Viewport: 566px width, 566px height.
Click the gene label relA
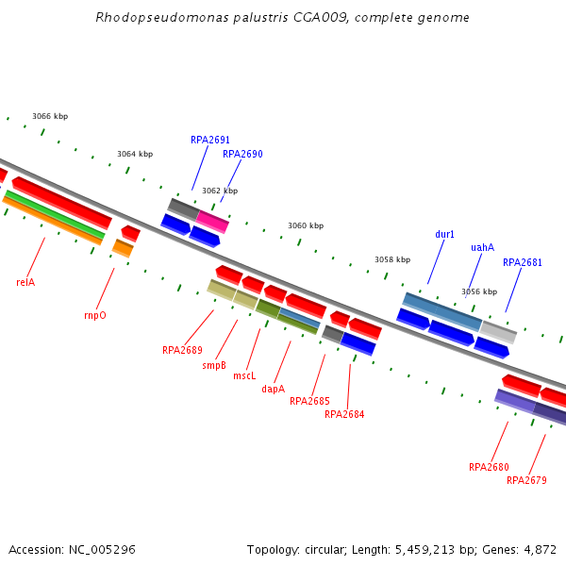25,282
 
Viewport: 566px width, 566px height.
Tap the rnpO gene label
95,315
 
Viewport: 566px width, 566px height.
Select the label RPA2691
210,140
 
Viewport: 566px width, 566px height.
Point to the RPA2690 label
242,154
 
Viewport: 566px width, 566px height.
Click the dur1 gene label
445,234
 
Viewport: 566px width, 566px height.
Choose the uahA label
482,247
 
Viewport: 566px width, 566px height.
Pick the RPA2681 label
523,262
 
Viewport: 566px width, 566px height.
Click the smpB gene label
214,365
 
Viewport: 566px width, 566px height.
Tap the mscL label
244,375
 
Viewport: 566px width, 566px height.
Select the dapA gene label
273,389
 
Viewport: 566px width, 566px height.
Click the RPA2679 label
526,480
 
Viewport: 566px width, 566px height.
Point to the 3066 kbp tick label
50,117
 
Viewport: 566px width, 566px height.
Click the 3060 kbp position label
306,226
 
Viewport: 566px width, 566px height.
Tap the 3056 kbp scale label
479,292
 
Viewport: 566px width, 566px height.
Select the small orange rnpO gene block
123,248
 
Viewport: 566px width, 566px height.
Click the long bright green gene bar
55,215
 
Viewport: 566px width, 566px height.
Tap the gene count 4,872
539,549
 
